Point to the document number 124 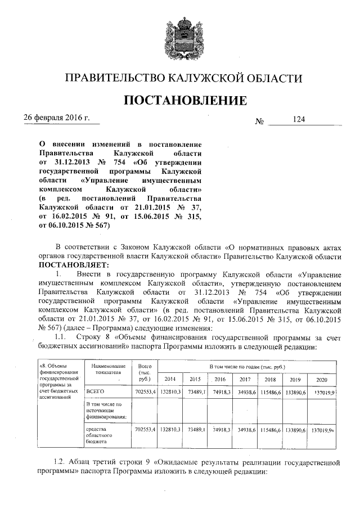[298, 119]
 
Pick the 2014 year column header [168, 379]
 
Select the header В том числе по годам [246, 367]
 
